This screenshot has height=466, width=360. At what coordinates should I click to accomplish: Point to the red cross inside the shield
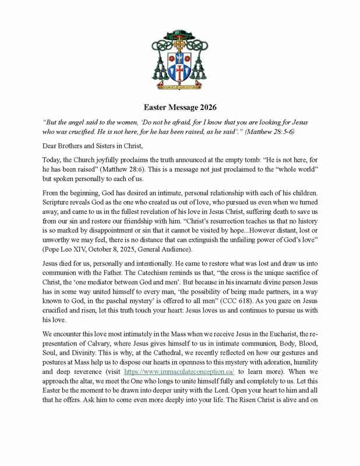pyautogui.click(x=179, y=73)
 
